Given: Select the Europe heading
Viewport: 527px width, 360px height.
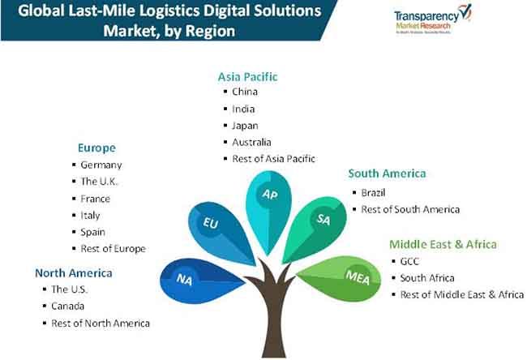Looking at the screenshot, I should click(96, 148).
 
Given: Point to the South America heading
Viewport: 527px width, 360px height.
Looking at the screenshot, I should click(387, 174).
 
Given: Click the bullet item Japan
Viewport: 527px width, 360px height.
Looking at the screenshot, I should click(244, 125).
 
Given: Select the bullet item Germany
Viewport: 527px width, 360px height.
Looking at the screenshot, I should click(101, 165).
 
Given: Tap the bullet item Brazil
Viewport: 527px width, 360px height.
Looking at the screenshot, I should click(374, 192).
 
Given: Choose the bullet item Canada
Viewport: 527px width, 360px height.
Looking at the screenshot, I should click(67, 306).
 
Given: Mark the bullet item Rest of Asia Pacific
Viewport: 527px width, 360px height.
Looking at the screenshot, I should click(272, 158).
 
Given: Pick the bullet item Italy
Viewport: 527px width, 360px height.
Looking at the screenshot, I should click(90, 215).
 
